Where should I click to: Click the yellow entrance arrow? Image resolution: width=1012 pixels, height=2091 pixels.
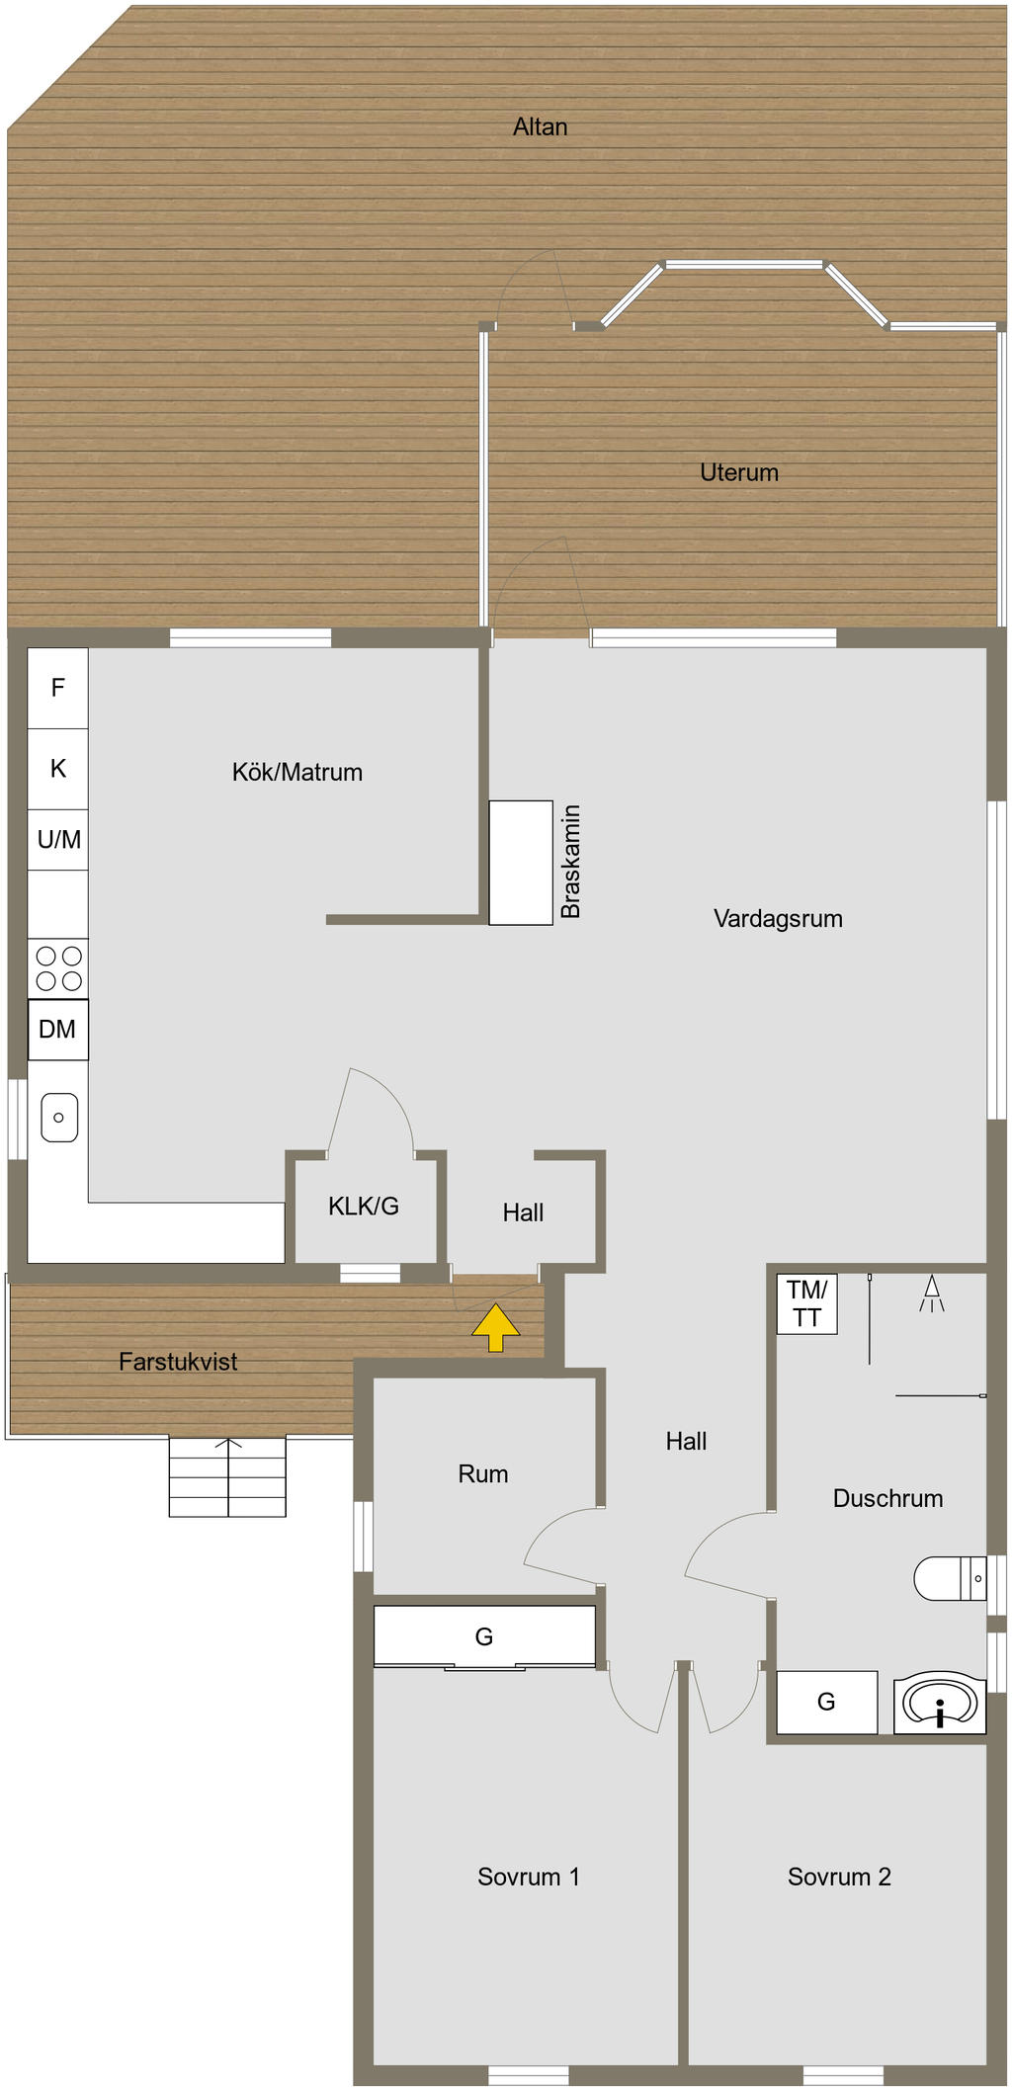coord(495,1327)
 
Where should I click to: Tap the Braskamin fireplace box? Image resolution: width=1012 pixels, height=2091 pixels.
coord(521,862)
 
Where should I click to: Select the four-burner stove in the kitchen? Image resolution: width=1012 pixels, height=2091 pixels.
coord(58,968)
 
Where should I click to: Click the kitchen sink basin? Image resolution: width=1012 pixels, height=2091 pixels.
coord(59,1117)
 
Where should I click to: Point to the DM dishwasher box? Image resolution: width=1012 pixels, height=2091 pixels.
coord(57,1030)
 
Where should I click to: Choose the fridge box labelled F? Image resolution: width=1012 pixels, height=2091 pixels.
coord(57,688)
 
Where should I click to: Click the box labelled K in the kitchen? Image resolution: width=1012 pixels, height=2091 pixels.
coord(57,769)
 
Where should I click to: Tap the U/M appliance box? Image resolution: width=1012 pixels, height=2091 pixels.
coord(58,840)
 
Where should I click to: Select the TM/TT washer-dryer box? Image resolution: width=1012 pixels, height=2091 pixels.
coord(806,1303)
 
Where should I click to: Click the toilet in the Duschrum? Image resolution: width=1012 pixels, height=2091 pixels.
coord(948,1578)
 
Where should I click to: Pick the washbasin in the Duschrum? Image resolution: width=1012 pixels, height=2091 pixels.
coord(940,1703)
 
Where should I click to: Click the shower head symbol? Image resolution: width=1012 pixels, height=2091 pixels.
coord(931,1293)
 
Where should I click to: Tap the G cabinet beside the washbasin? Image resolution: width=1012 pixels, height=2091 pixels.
coord(826,1702)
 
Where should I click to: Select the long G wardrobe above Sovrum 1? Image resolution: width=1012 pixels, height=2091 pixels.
coord(484,1636)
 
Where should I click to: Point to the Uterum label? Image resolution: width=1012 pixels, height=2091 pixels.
coord(739,472)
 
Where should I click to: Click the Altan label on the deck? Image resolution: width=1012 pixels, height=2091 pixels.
coord(540,126)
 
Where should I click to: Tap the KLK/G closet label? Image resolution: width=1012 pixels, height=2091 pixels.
coord(364,1206)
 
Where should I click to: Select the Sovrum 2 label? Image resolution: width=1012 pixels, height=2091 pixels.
coord(839,1877)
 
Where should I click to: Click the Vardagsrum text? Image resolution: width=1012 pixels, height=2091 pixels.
coord(778,919)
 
